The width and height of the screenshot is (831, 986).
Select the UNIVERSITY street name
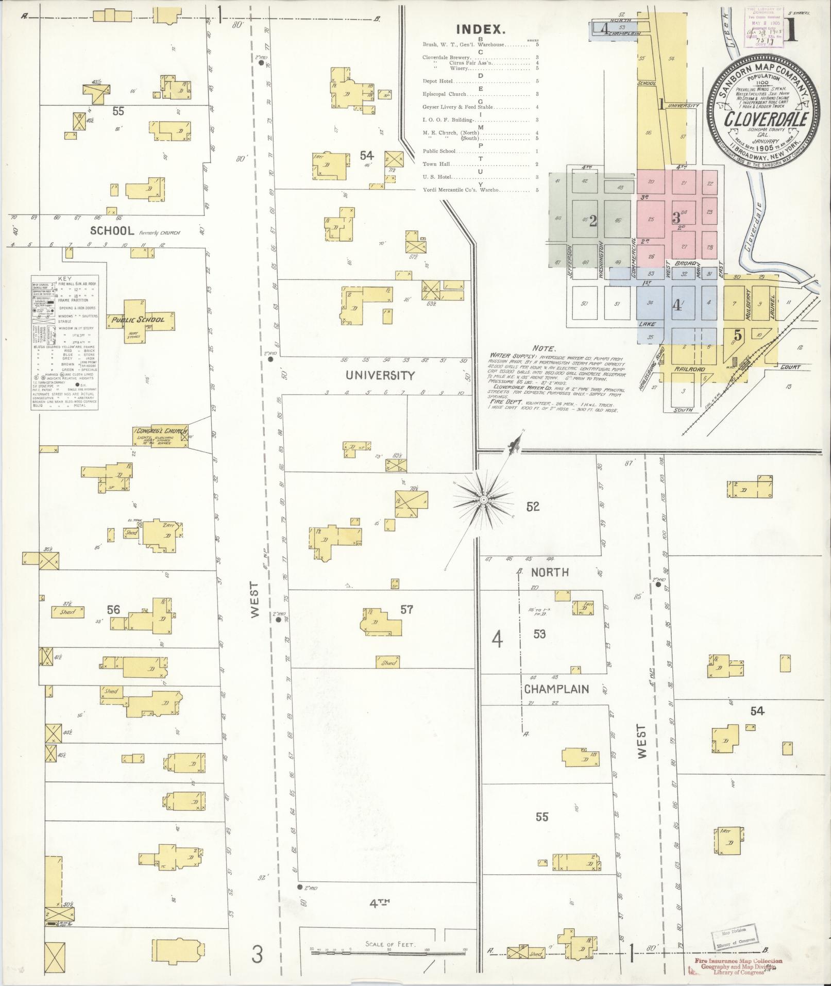point(380,375)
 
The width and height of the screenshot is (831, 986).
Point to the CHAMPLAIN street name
point(556,689)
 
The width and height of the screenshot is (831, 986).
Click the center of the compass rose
point(484,500)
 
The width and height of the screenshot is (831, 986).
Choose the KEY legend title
point(65,278)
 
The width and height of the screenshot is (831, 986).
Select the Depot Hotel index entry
point(437,81)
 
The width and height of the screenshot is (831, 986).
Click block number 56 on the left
point(113,610)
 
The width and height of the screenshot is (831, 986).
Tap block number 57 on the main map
point(406,610)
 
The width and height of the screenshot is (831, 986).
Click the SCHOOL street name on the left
point(112,231)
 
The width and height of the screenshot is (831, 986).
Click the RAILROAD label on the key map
point(689,370)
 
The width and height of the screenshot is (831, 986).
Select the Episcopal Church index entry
point(444,94)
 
